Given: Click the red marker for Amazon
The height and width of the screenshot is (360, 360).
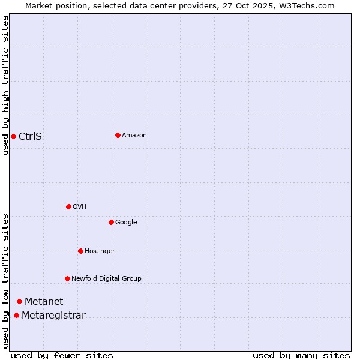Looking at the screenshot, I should tap(118, 135).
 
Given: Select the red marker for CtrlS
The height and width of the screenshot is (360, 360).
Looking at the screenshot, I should tap(13, 136).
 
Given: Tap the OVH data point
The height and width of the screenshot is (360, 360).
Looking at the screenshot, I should tap(68, 206).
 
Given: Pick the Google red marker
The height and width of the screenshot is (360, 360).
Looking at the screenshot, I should tap(111, 222).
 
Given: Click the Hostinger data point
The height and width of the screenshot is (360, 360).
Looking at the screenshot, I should tap(80, 251).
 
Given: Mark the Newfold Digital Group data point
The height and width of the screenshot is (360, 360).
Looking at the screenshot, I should tap(67, 278).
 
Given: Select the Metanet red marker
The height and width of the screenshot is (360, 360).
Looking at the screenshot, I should tap(19, 301).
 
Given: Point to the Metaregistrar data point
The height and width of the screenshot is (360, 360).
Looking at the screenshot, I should tap(16, 316).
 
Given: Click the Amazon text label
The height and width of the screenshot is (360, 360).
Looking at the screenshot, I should tap(134, 136).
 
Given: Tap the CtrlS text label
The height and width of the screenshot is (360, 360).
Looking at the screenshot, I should tap(30, 136).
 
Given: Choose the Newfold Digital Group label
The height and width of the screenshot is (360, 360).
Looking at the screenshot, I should tap(106, 278).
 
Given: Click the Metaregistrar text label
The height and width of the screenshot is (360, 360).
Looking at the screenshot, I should tap(53, 316).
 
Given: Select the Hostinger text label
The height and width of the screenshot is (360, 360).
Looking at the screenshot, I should tap(100, 251).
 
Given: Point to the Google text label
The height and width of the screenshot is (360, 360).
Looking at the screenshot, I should tap(126, 222).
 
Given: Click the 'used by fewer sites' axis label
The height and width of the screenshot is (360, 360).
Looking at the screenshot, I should tap(62, 355).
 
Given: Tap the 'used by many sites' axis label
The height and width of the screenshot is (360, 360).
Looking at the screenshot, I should tap(301, 355).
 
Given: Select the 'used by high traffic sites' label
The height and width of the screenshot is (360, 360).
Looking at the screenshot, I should tap(5, 85).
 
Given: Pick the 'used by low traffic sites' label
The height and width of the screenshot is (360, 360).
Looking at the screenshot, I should tap(5, 280).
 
